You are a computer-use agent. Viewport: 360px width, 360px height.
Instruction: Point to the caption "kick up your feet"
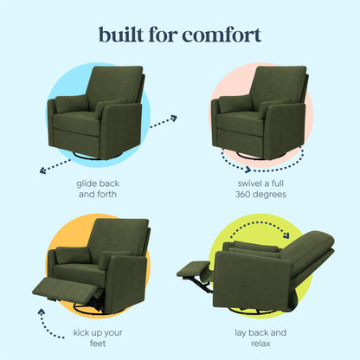(x=97, y=336)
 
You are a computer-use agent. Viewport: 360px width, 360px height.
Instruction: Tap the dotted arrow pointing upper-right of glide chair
(x=163, y=121)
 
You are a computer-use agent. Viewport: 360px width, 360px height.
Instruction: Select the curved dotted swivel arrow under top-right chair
(x=260, y=163)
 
